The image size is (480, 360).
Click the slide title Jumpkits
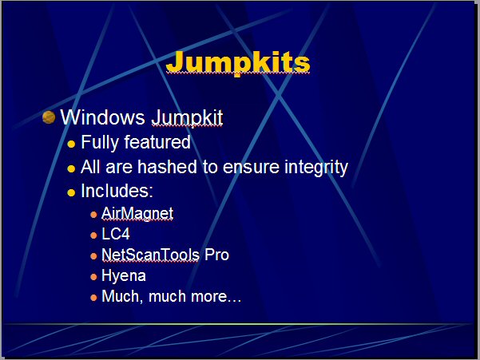238,63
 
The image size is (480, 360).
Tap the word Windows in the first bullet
102,117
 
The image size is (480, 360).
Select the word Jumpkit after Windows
188,118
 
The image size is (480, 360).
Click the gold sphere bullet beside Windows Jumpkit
49,117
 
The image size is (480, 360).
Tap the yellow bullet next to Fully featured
71,144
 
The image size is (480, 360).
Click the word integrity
316,168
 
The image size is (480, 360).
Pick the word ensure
251,168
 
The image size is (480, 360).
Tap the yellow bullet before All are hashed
71,169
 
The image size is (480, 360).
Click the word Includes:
117,191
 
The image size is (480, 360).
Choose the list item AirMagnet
137,213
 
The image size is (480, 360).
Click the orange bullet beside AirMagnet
93,215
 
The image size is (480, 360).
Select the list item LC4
116,234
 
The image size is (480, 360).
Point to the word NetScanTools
151,255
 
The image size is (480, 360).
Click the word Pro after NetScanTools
216,255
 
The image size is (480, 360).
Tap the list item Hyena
124,276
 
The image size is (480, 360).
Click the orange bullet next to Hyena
93,277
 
